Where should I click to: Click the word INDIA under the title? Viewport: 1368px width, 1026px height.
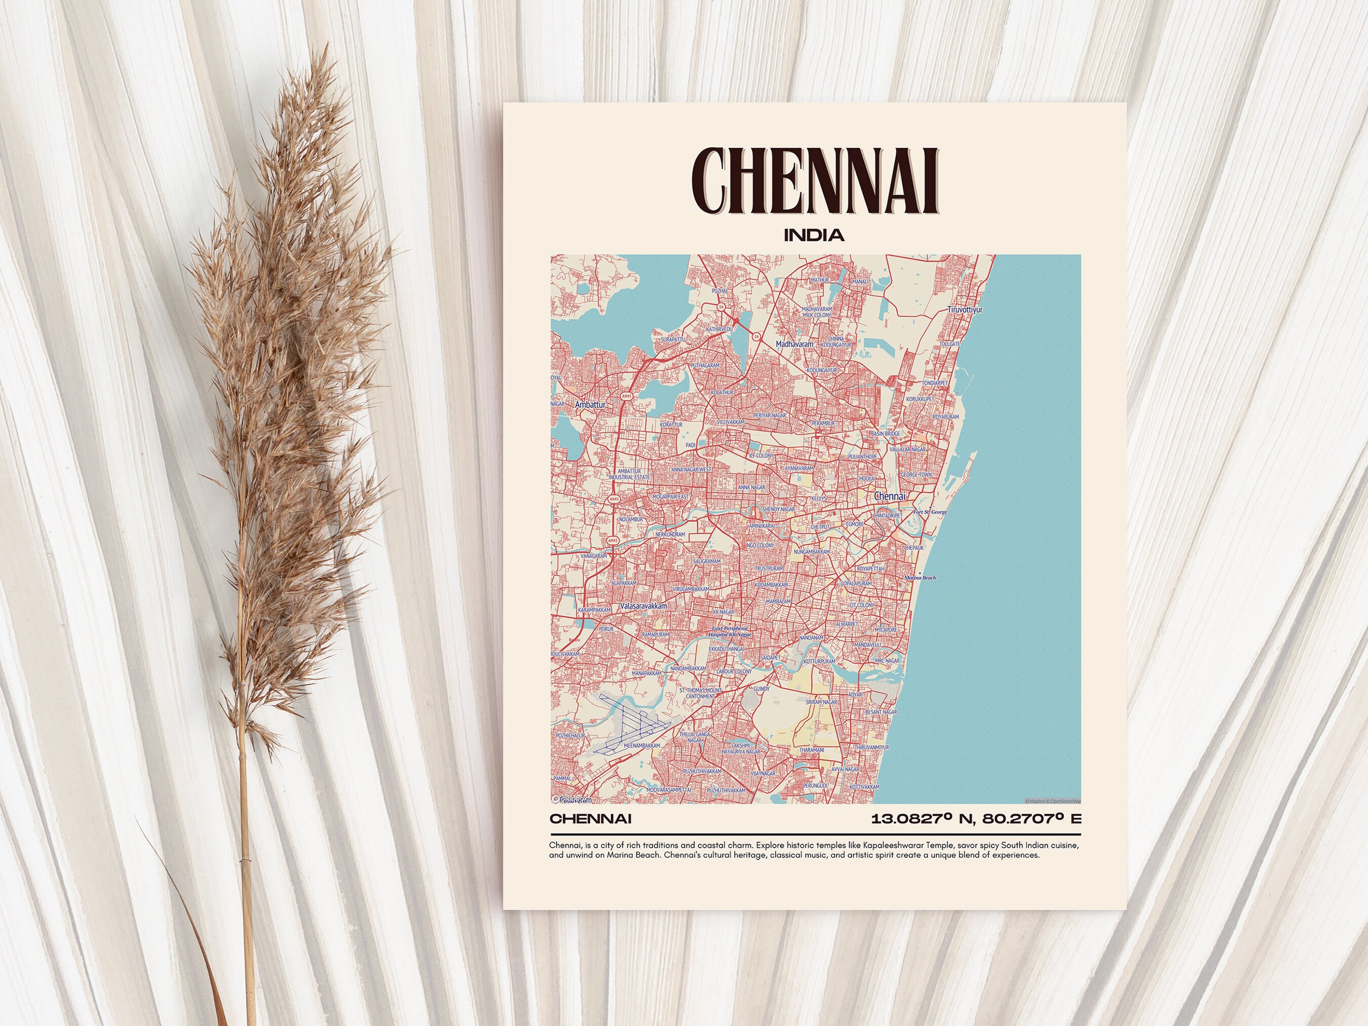point(814,235)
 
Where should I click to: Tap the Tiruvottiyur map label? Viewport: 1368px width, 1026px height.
point(965,309)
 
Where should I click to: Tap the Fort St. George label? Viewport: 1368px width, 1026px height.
point(930,512)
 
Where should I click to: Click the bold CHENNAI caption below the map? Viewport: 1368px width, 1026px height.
point(591,819)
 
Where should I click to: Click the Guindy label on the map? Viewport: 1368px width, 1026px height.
point(762,689)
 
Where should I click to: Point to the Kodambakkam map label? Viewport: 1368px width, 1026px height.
point(771,584)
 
